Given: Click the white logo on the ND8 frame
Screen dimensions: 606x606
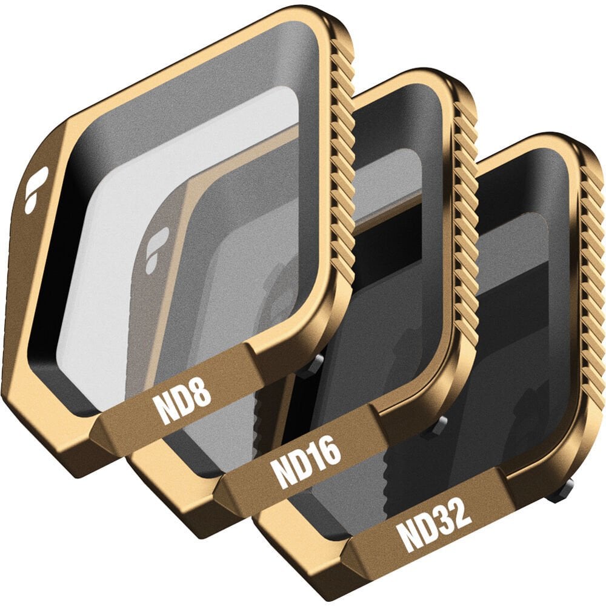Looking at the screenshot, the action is coord(36,189).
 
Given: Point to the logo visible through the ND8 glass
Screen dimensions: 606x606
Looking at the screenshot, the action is coord(157,250).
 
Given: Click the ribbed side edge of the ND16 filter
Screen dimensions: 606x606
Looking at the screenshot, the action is coord(465,216).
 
